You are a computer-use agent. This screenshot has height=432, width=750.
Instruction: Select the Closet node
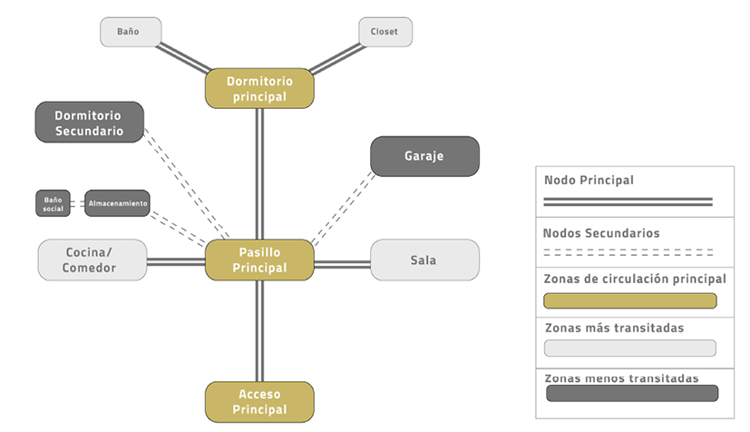[x=385, y=32]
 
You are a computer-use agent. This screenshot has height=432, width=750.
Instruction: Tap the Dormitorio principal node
[x=259, y=88]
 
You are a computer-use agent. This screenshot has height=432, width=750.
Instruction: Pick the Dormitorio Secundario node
[x=90, y=123]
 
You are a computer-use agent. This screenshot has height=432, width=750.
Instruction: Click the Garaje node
[x=424, y=156]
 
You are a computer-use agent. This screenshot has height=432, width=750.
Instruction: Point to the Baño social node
[x=53, y=202]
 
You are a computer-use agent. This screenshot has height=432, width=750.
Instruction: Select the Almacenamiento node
[x=118, y=202]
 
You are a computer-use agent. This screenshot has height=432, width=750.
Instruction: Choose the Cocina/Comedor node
[x=92, y=260]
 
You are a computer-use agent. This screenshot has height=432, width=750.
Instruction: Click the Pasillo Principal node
[x=259, y=260]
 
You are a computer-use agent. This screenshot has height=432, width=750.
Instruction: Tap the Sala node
[x=424, y=260]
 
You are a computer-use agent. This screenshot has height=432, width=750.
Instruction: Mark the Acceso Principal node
[x=259, y=401]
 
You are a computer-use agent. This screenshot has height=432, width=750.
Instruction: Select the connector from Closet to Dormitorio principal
[x=336, y=57]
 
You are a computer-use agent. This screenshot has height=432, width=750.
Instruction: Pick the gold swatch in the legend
[x=629, y=300]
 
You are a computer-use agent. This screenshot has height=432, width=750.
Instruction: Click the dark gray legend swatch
[x=631, y=393]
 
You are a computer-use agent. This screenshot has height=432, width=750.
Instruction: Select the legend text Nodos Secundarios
[x=601, y=233]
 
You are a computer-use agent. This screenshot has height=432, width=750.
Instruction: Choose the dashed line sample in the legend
[x=628, y=251]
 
